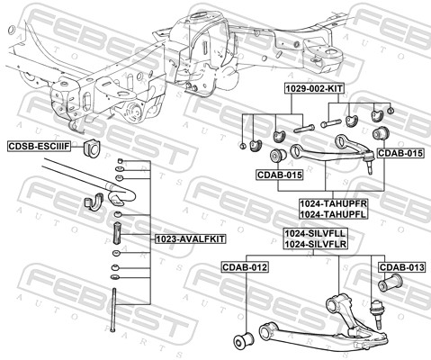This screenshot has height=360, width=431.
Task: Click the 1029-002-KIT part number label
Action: pyautogui.click(x=314, y=88)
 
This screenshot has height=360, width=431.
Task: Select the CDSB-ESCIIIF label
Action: pyautogui.click(x=40, y=147)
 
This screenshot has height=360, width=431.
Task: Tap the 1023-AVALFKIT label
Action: pyautogui.click(x=190, y=238)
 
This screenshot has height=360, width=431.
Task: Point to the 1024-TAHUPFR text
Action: pyautogui.click(x=334, y=203)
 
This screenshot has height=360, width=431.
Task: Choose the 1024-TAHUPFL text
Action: pyautogui.click(x=334, y=214)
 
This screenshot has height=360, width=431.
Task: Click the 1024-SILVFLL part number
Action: pyautogui.click(x=315, y=233)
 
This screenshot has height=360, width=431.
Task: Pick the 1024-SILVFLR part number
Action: pyautogui.click(x=315, y=244)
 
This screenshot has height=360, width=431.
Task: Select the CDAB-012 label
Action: pyautogui.click(x=245, y=266)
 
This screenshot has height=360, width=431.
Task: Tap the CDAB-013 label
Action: pyautogui.click(x=402, y=266)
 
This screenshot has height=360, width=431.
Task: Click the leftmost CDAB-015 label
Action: pyautogui.click(x=280, y=175)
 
